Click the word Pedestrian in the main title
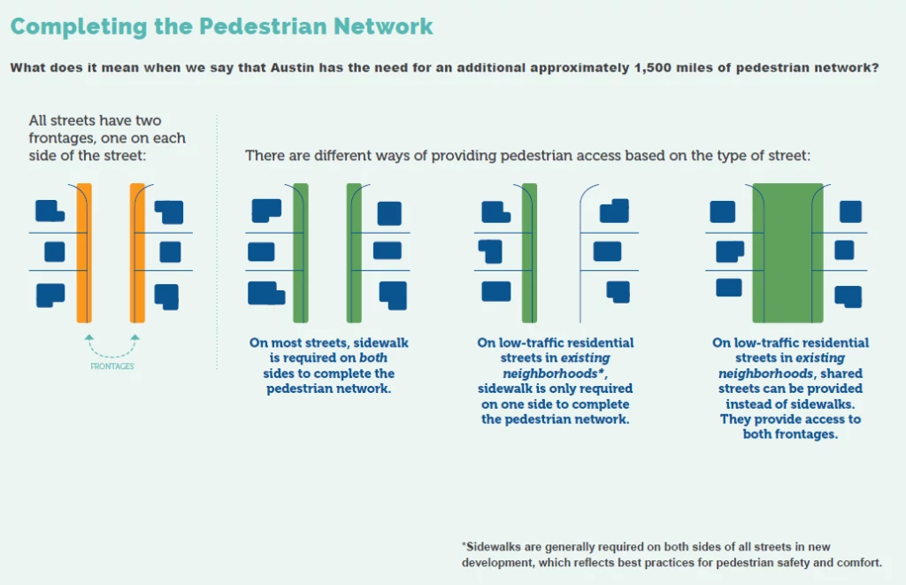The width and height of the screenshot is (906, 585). point(265,26)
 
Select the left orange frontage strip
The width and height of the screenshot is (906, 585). point(84,252)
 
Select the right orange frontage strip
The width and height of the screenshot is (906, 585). point(137,252)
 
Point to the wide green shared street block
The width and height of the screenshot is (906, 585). point(787,252)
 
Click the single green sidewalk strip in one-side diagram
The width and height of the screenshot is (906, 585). point(529,252)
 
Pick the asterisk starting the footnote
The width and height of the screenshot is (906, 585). point(464,547)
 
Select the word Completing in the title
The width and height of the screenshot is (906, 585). point(66,26)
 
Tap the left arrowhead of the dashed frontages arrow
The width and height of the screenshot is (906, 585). point(88,338)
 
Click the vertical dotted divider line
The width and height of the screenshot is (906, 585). point(217,239)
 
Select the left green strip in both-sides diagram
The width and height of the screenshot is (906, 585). point(300,252)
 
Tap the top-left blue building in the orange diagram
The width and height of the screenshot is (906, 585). point(48,211)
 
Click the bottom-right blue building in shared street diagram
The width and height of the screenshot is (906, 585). point(848,296)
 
